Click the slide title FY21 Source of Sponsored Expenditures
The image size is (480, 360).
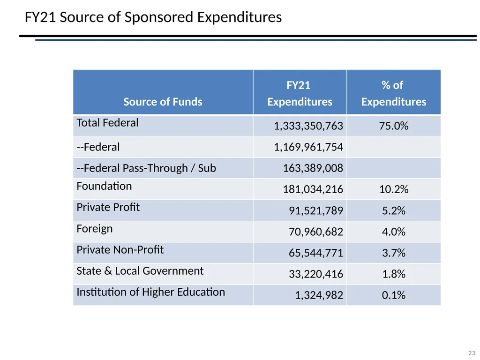153,17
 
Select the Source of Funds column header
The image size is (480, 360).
163,102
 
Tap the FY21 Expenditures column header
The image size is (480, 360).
300,93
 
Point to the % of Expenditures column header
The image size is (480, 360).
394,93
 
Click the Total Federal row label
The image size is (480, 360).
107,123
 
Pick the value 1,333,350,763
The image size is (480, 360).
308,126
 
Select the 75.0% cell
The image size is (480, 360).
394,126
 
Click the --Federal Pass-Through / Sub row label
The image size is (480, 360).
146,168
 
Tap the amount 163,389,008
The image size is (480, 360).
313,168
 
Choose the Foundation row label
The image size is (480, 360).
104,186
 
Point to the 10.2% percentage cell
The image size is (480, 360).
394,189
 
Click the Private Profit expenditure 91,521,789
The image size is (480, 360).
316,210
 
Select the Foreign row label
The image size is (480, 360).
95,229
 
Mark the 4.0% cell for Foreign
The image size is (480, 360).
394,232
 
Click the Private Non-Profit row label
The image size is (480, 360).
120,250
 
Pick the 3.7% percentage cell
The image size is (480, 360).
394,253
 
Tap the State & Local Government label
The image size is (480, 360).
140,271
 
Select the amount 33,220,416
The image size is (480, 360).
316,274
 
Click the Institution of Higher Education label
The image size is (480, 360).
150,292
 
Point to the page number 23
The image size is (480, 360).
472,353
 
